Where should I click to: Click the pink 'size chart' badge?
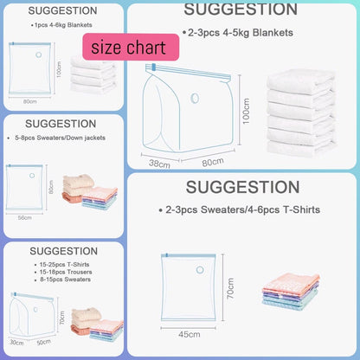pyautogui.click(x=120, y=48)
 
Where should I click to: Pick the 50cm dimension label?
pyautogui.click(x=43, y=343)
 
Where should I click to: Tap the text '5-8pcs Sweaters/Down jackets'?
pyautogui.click(x=55, y=135)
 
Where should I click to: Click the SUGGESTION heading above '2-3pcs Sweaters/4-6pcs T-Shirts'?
pyautogui.click(x=243, y=186)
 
